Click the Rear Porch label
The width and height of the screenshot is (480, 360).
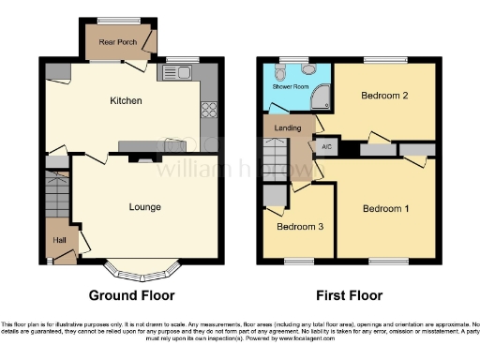click(x=117, y=42)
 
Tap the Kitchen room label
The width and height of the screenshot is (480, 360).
click(x=127, y=99)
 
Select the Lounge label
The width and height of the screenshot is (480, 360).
click(x=145, y=207)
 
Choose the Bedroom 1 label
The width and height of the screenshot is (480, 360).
click(x=385, y=207)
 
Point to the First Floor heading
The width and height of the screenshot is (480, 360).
click(x=350, y=295)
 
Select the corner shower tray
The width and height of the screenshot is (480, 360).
click(x=322, y=95)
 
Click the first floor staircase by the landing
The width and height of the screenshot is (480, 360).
click(x=274, y=159)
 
